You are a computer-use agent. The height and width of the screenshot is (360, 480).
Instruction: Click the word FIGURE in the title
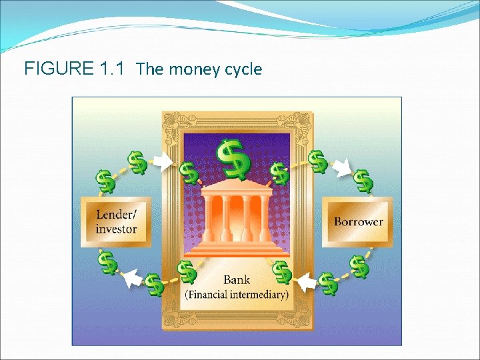[57, 69]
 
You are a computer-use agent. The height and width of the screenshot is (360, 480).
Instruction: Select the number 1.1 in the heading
[112, 69]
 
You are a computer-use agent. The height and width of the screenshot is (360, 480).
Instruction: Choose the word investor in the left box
[116, 229]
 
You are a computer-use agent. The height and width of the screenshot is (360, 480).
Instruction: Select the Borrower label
[358, 221]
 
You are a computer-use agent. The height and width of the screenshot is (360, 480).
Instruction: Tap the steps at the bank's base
[237, 249]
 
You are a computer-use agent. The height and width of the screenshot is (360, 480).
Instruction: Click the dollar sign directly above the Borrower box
[362, 180]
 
